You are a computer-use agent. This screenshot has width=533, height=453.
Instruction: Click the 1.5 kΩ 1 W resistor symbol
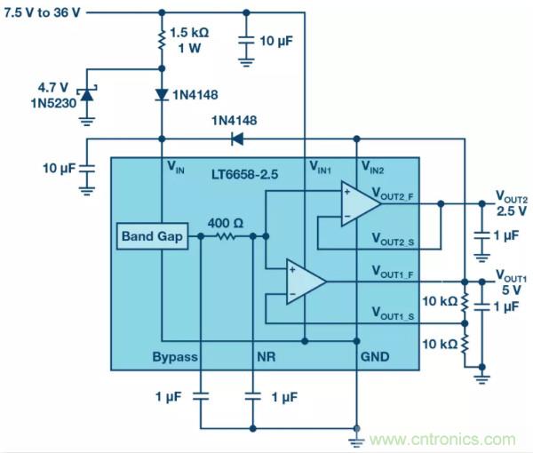tap(161, 41)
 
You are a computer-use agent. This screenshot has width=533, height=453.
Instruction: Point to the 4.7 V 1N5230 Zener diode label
tap(56, 94)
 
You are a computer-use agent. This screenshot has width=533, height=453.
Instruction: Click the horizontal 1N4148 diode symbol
tap(236, 138)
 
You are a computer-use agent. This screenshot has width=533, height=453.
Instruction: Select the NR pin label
tap(265, 356)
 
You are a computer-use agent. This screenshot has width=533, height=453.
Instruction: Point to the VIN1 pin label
tap(321, 167)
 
